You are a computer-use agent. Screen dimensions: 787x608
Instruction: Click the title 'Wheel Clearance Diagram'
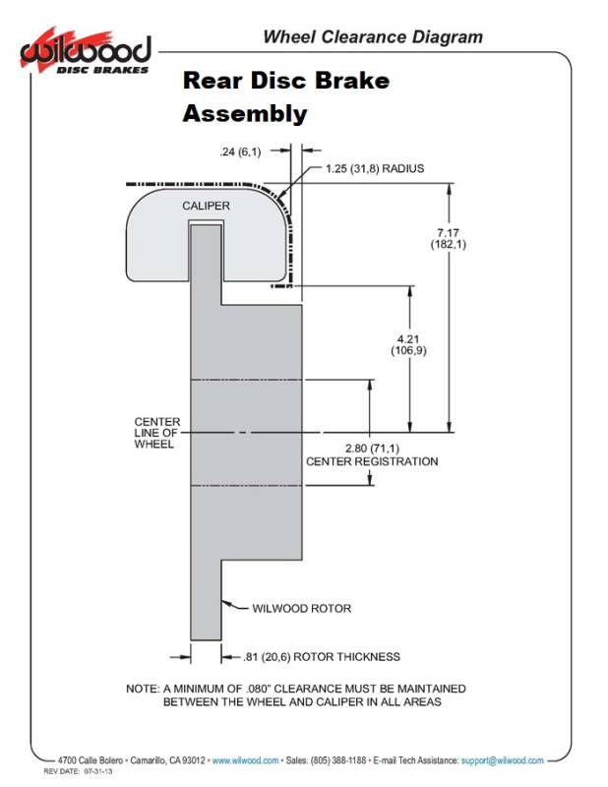click(x=372, y=37)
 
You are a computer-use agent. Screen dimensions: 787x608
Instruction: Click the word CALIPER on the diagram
click(x=206, y=206)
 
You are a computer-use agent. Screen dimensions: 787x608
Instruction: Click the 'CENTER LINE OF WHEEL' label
click(x=156, y=433)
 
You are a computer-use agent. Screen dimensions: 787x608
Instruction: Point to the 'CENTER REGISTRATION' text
click(x=372, y=461)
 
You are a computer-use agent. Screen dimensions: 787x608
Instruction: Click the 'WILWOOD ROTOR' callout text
click(x=301, y=608)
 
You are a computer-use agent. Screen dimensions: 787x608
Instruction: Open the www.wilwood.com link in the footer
click(x=245, y=760)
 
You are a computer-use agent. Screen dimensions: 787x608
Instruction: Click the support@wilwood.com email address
click(x=502, y=760)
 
